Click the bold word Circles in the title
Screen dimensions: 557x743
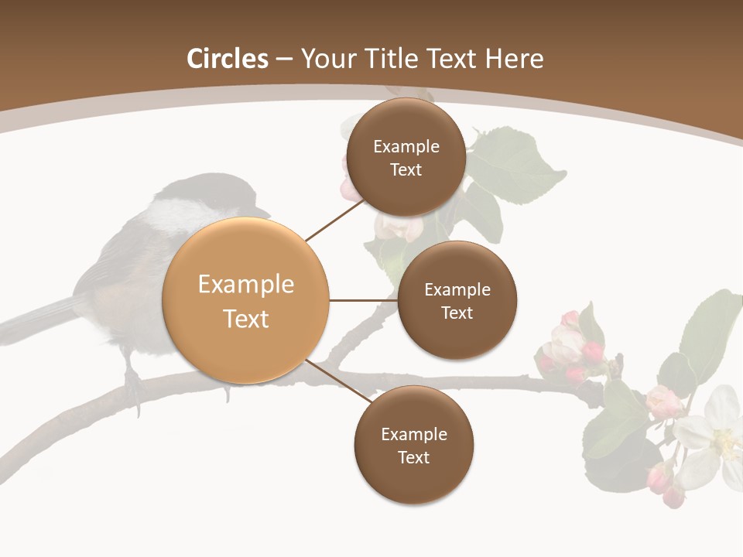(227, 59)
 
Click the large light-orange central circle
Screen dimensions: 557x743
(246, 300)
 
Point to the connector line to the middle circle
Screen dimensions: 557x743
(363, 300)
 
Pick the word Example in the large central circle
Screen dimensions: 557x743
(246, 284)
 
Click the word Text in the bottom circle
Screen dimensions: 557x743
(413, 457)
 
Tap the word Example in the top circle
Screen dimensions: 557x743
(406, 146)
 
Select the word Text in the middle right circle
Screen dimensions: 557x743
(457, 313)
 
